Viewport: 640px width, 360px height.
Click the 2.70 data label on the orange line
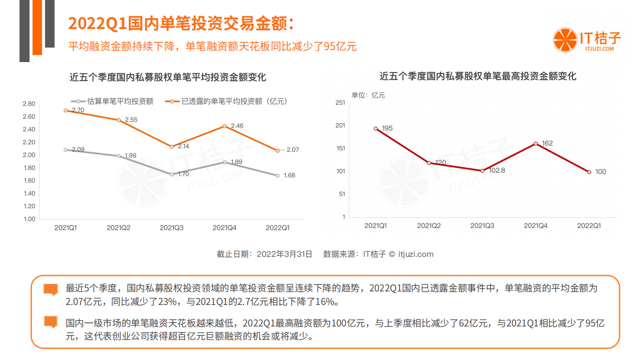(x=78, y=110)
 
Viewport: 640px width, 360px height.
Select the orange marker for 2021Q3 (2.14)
(x=172, y=147)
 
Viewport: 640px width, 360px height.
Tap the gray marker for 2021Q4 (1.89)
(x=225, y=162)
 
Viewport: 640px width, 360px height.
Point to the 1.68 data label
(x=289, y=175)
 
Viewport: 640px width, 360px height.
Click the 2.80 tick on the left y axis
(x=29, y=104)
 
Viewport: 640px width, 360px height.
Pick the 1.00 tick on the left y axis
(x=29, y=219)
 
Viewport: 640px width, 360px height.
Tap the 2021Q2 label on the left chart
(x=119, y=228)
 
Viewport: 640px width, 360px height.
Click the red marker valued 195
(x=376, y=129)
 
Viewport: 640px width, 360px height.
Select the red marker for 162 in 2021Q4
(x=535, y=144)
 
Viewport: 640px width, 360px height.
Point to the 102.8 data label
(x=496, y=170)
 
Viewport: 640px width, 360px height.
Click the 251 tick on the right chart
(x=340, y=103)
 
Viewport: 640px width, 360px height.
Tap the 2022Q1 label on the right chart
(x=589, y=226)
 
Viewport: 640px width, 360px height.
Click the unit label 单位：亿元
(x=368, y=95)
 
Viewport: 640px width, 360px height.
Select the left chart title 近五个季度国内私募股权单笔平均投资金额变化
(x=168, y=78)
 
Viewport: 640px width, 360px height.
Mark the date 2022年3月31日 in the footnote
(x=284, y=254)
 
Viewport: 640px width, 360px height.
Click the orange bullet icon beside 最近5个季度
(x=51, y=289)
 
